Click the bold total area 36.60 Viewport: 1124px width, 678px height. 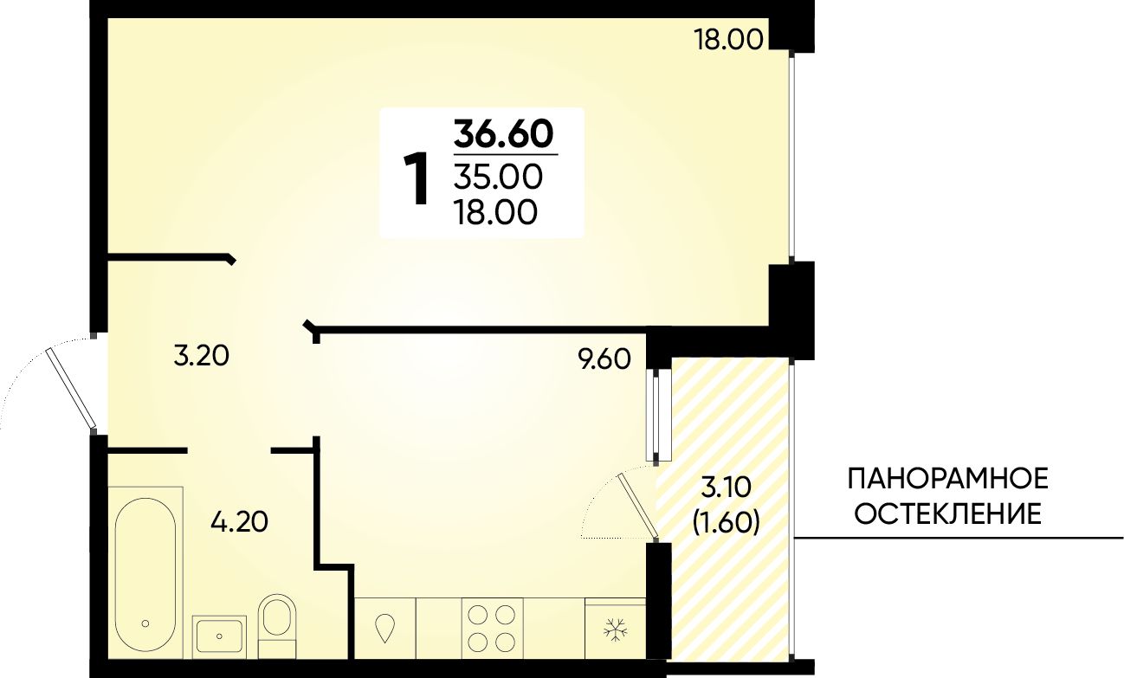coord(503,134)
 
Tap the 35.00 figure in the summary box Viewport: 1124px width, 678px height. coord(498,178)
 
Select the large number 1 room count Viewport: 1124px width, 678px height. coord(416,179)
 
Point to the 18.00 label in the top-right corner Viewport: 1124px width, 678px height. coord(728,39)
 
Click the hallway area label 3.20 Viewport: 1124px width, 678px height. coord(201,356)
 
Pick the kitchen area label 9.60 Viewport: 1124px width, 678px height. coord(604,359)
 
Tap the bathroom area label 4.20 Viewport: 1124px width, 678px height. coord(239,522)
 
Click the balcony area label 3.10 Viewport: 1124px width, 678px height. coord(726,488)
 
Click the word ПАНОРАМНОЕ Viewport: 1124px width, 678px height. coord(948,478)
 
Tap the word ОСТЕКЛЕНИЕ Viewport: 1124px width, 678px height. coord(948,514)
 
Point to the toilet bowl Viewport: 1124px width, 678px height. coord(277,626)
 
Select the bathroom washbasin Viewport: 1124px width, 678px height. coord(219,636)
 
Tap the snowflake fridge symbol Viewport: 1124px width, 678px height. coord(616,630)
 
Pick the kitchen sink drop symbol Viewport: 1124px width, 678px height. coord(385,628)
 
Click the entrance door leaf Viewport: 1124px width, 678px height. coord(71,387)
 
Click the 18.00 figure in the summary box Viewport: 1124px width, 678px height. coord(496,213)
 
